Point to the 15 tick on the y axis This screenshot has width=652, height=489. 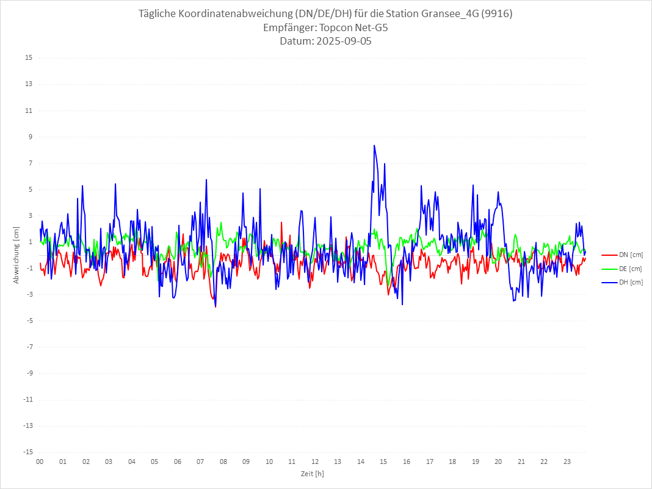[29, 58]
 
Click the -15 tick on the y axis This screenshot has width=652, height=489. [27, 452]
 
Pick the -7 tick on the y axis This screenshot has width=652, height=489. [29, 347]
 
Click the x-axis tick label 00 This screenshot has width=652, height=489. [40, 462]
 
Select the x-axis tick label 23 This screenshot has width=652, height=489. [567, 462]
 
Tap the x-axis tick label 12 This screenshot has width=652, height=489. [315, 462]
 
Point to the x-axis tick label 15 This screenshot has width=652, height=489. [383, 462]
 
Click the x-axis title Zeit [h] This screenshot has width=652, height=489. [312, 473]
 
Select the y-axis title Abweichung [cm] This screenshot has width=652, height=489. [16, 255]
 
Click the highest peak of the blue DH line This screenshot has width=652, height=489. [374, 145]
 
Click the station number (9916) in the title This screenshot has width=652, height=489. [496, 14]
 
